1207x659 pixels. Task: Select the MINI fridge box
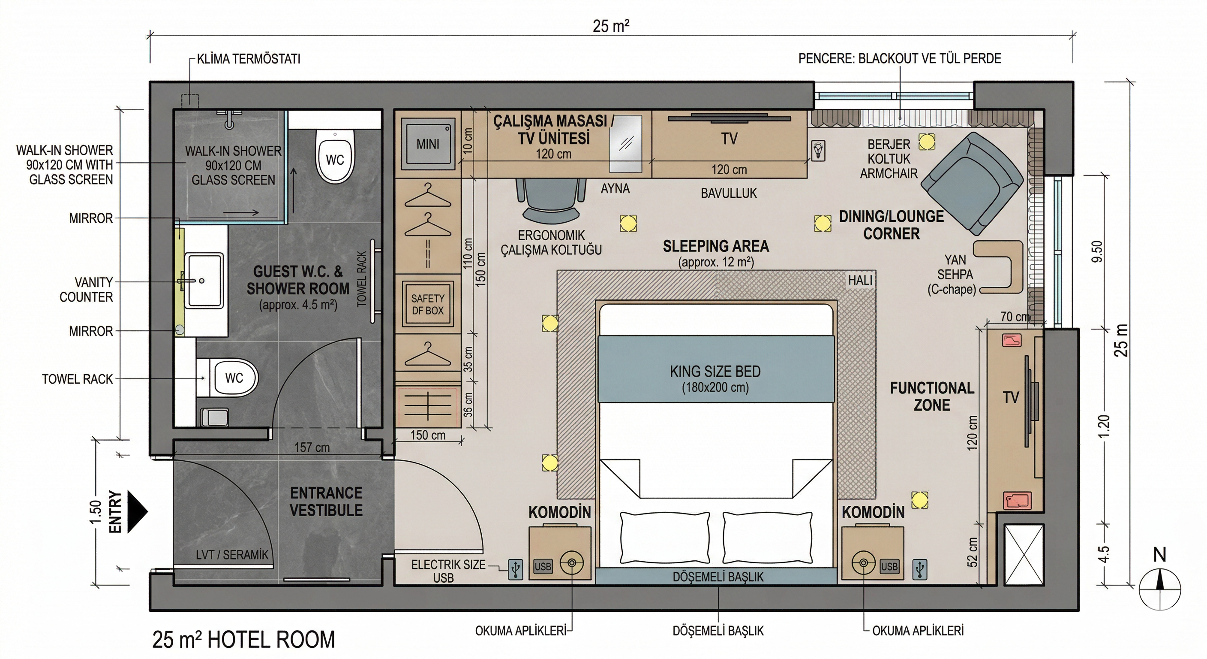point(428,144)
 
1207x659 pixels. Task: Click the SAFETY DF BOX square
point(428,304)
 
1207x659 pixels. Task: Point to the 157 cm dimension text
point(312,447)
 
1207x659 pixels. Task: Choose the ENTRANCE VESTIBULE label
point(326,502)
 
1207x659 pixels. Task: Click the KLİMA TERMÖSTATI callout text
point(249,59)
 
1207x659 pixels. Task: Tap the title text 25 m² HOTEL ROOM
point(243,640)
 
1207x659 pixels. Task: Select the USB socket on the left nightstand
point(543,566)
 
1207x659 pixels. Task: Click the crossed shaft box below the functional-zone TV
point(1024,555)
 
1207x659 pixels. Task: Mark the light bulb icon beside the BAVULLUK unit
point(818,151)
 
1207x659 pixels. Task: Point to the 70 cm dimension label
point(1015,317)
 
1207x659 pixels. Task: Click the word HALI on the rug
point(860,280)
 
